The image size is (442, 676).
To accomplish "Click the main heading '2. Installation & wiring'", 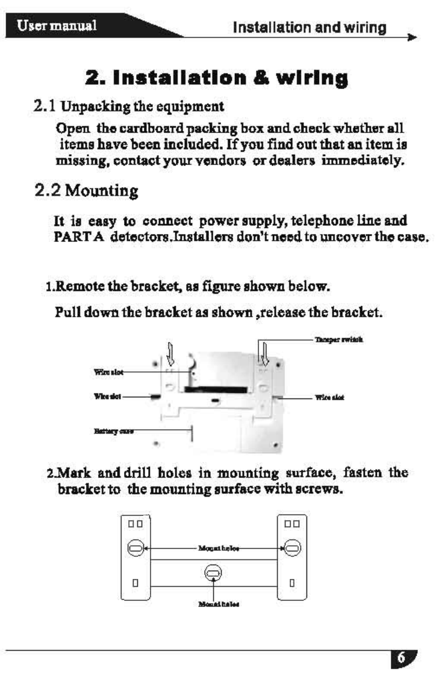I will pyautogui.click(x=216, y=78).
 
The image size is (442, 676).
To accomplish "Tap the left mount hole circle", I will pyautogui.click(x=134, y=532).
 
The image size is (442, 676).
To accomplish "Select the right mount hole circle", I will pyautogui.click(x=292, y=532).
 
